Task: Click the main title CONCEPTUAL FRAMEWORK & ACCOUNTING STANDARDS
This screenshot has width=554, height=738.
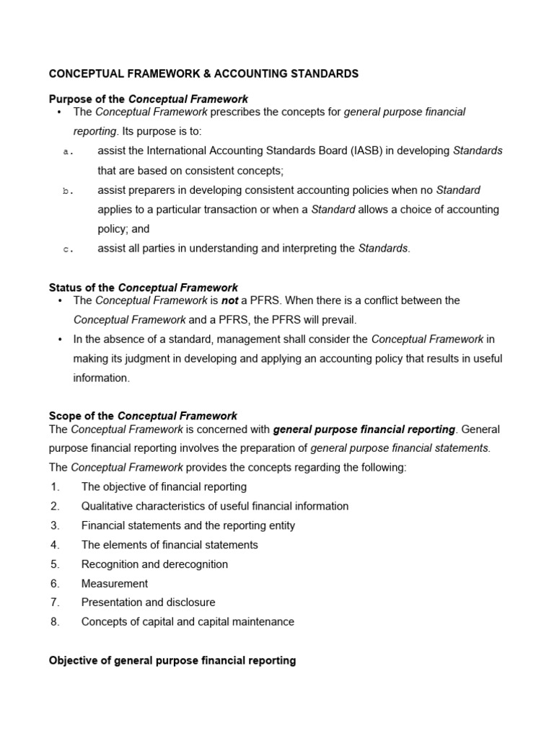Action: click(x=203, y=74)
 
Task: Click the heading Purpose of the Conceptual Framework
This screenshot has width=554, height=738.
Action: click(x=148, y=99)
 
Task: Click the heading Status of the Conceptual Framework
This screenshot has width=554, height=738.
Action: click(x=143, y=288)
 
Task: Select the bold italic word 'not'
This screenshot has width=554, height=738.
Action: click(x=229, y=300)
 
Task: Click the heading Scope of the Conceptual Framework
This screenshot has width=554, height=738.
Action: click(x=142, y=416)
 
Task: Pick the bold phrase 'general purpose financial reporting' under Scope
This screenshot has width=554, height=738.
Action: click(x=364, y=429)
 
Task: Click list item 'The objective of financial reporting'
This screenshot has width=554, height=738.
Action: click(x=164, y=486)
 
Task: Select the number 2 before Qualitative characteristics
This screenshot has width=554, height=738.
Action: click(x=55, y=506)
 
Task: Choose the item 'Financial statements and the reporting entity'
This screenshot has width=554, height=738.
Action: click(x=188, y=525)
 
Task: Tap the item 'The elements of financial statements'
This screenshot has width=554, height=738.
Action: click(x=170, y=545)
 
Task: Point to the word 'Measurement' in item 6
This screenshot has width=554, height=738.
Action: click(x=115, y=583)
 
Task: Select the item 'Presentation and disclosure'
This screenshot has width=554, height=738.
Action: click(x=148, y=602)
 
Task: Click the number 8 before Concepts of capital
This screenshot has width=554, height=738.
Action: click(x=55, y=621)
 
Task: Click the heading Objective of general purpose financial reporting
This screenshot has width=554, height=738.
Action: click(x=172, y=660)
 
